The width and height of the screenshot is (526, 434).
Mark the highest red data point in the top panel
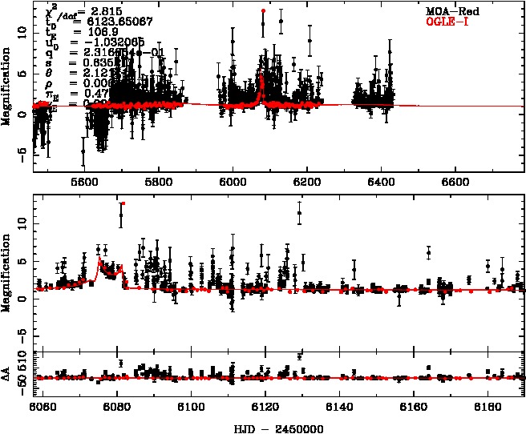click(x=263, y=11)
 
